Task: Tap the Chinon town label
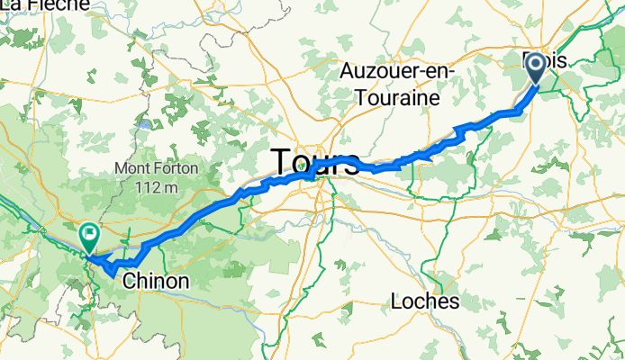[x=157, y=282]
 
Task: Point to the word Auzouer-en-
[x=399, y=71]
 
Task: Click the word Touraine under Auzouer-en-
[x=399, y=94]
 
